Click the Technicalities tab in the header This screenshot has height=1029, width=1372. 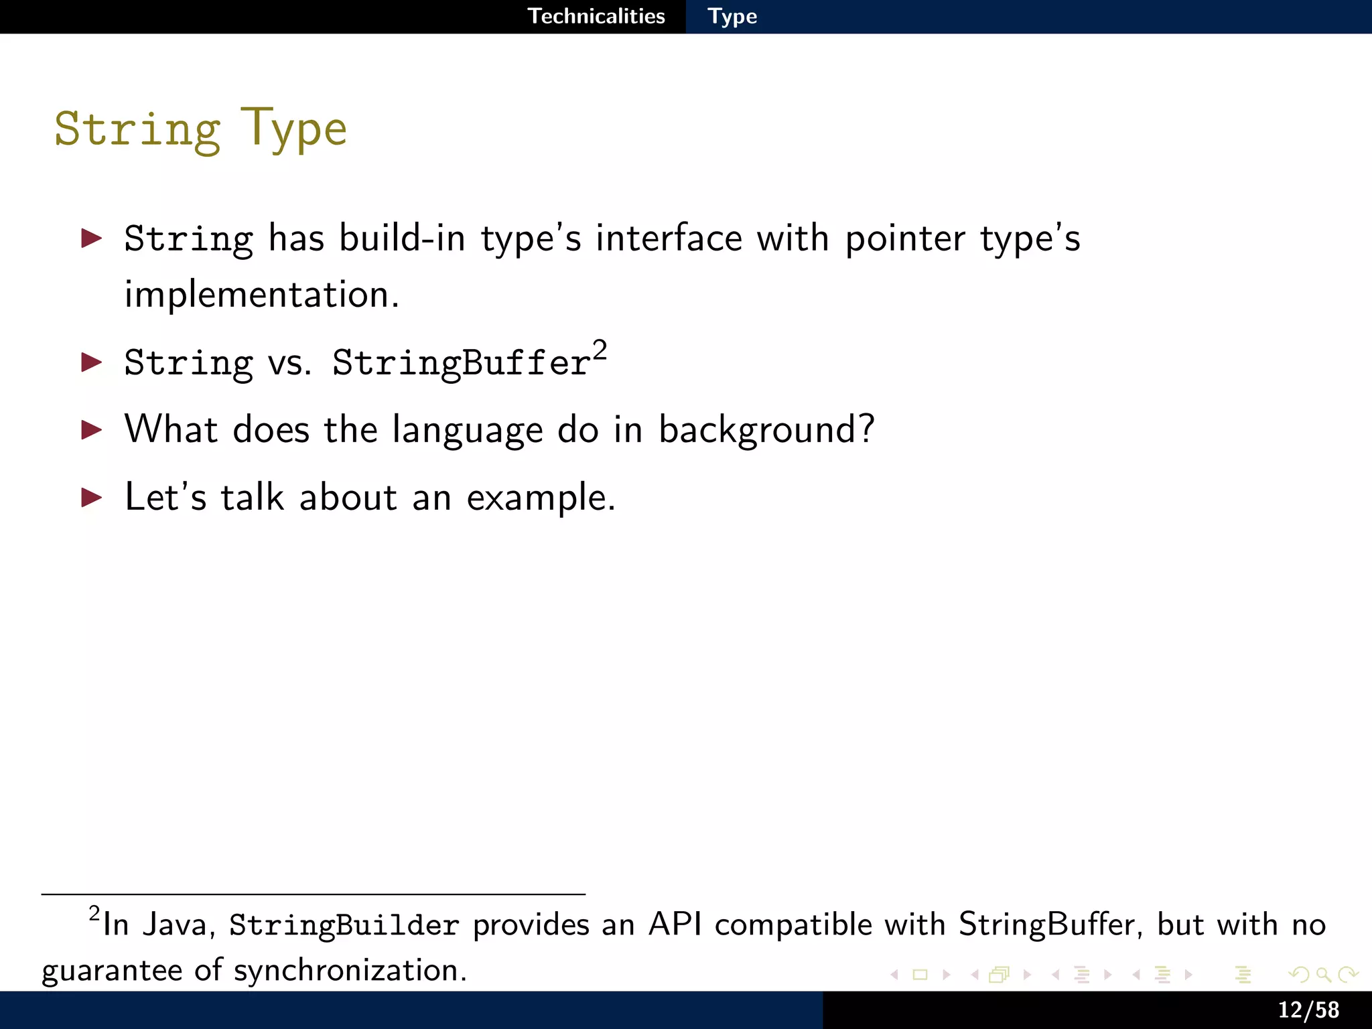click(x=596, y=16)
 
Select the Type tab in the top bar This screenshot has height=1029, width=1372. click(x=732, y=16)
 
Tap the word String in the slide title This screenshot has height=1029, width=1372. click(x=137, y=129)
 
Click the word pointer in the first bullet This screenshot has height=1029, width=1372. click(x=905, y=238)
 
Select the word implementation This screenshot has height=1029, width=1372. click(x=261, y=295)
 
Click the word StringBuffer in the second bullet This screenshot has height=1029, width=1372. click(x=462, y=363)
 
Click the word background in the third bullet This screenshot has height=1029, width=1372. click(x=766, y=429)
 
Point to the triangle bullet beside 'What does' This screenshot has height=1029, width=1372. click(x=92, y=429)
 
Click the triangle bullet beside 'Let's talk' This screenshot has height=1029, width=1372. click(x=92, y=497)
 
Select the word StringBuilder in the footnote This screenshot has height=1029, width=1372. click(x=344, y=925)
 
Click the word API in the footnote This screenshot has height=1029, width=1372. click(x=675, y=924)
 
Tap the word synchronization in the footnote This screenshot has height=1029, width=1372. click(x=349, y=971)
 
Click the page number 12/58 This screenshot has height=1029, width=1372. click(x=1308, y=1010)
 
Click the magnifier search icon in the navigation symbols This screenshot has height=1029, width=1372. click(x=1323, y=975)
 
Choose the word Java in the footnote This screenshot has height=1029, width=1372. click(x=178, y=925)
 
